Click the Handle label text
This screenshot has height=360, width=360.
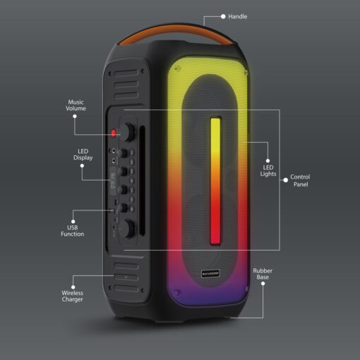pyautogui.click(x=238, y=16)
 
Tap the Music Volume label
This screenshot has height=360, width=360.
pyautogui.click(x=76, y=105)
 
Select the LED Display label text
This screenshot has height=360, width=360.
pyautogui.click(x=83, y=155)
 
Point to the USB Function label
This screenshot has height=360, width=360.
pyautogui.click(x=73, y=231)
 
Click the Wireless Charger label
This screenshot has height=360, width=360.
pyautogui.click(x=73, y=296)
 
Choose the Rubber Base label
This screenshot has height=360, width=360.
pyautogui.click(x=263, y=274)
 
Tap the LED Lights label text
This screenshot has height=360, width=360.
pyautogui.click(x=268, y=171)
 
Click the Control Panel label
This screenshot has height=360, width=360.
pyautogui.click(x=300, y=181)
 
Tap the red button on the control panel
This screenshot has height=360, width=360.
pyautogui.click(x=114, y=133)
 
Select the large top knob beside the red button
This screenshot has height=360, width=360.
pyautogui.click(x=128, y=132)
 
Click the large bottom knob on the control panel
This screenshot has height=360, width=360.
pyautogui.click(x=128, y=228)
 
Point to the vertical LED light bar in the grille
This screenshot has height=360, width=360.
pyautogui.click(x=215, y=181)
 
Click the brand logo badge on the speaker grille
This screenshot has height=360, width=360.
pyautogui.click(x=210, y=274)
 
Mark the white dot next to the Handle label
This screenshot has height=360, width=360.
pyautogui.click(x=223, y=16)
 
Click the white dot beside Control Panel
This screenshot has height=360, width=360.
pyautogui.click(x=285, y=180)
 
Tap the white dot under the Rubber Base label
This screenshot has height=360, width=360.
pyautogui.click(x=263, y=284)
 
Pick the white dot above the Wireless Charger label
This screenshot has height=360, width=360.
pyautogui.click(x=73, y=287)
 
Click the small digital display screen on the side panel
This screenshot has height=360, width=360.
pyautogui.click(x=113, y=181)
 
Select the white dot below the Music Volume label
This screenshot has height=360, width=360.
pyautogui.click(x=75, y=116)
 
